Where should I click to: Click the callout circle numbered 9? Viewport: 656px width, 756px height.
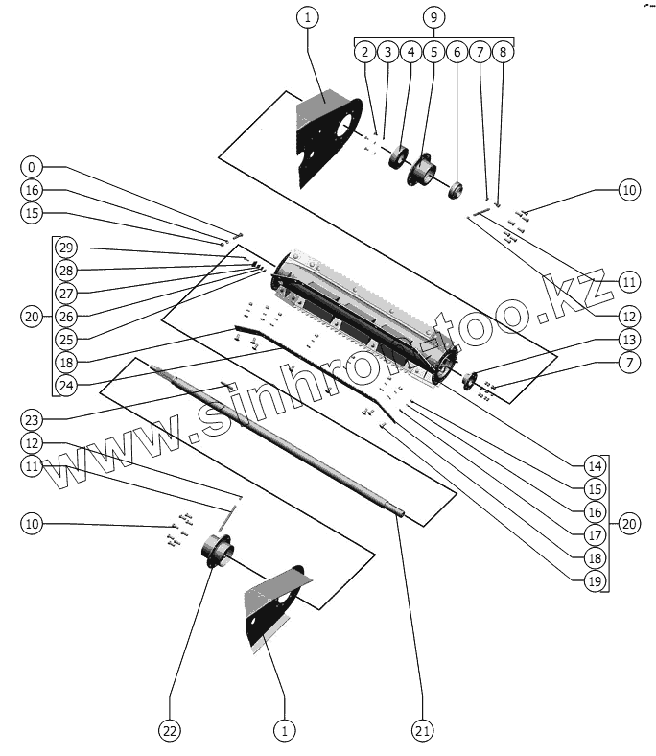[x=433, y=17]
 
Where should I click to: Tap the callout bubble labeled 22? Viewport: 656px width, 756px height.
[x=169, y=731]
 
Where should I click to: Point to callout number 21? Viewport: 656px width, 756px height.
[x=422, y=731]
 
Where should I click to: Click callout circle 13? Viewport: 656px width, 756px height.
[x=628, y=339]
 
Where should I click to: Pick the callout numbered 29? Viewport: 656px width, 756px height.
[x=65, y=248]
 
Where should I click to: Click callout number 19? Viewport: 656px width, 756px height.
[x=595, y=579]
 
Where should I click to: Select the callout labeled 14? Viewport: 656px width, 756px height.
[x=595, y=467]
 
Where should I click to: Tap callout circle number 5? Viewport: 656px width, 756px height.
[x=433, y=52]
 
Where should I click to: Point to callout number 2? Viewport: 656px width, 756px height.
[x=364, y=52]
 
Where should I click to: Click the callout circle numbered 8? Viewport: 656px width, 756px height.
[x=503, y=52]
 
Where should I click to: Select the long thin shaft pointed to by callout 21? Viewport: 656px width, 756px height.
[x=278, y=441]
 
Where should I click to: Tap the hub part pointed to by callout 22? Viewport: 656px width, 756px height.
[x=217, y=555]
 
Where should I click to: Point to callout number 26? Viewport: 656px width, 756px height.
[x=65, y=316]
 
